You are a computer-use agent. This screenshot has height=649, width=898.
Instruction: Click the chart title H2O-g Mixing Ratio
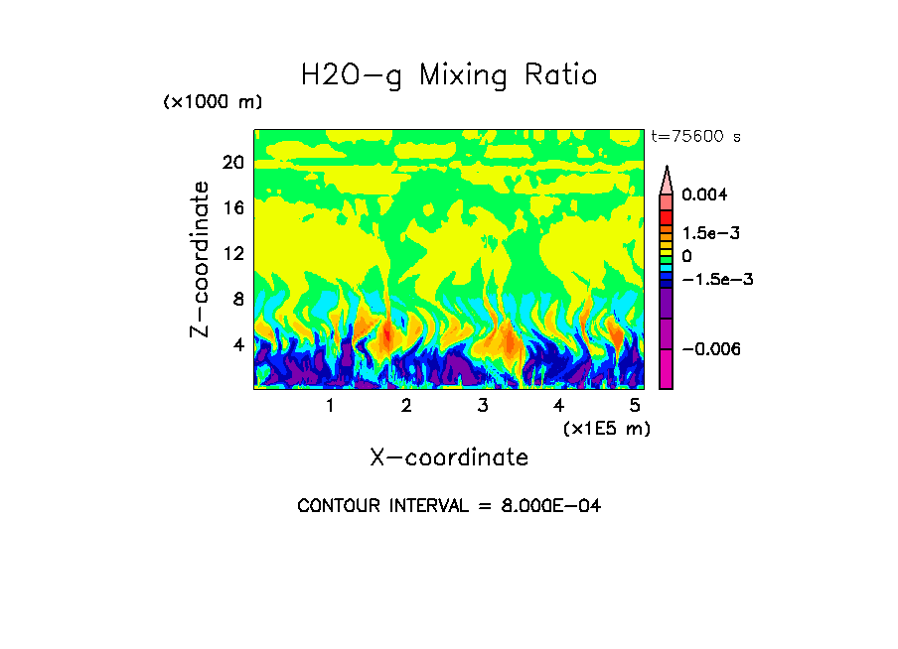(449, 75)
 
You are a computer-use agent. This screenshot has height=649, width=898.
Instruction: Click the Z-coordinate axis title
(201, 259)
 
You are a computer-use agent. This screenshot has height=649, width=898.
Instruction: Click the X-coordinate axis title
(449, 457)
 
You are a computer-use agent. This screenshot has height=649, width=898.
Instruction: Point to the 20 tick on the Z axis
(233, 163)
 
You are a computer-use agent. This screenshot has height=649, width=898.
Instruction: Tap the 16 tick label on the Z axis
(233, 208)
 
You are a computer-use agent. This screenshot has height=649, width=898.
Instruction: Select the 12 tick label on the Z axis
(233, 254)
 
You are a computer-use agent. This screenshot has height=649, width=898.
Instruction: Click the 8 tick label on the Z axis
(238, 300)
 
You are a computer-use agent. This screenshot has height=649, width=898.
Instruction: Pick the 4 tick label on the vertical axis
(238, 345)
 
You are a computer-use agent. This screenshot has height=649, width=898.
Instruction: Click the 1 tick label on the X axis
(330, 406)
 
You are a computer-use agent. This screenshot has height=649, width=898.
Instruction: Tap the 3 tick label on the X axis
(483, 406)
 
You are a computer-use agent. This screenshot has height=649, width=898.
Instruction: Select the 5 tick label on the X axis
(635, 406)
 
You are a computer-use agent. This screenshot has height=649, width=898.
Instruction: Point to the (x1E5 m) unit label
(606, 428)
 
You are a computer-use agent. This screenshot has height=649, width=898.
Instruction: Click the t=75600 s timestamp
(695, 136)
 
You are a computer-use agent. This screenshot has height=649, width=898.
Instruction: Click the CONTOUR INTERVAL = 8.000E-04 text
(449, 506)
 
